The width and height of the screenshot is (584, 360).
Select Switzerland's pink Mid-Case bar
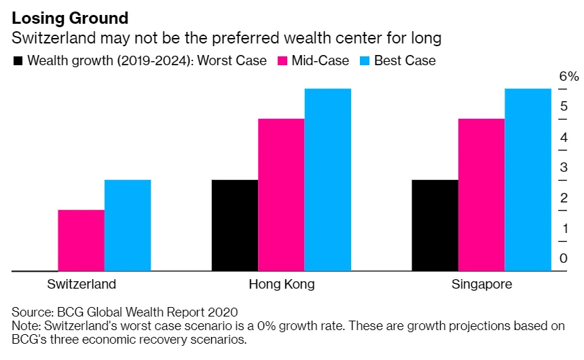pos(81,240)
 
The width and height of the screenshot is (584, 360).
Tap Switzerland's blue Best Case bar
pos(127,226)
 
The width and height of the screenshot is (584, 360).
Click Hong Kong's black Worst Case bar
pos(234,226)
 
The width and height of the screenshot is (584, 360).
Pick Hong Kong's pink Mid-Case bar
pos(281,195)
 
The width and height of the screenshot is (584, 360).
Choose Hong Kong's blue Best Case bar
pos(327,180)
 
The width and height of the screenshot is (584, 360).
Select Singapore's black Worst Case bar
pos(435,226)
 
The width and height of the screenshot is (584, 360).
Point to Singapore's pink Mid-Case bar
pos(481,195)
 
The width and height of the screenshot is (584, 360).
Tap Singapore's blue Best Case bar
pos(528,180)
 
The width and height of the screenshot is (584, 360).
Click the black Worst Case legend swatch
pos(18,61)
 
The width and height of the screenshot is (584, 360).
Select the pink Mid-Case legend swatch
pos(283,61)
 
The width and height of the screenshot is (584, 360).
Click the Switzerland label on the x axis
pos(81,284)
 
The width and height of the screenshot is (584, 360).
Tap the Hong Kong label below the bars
pos(281,284)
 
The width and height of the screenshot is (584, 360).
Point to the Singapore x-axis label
pos(481,284)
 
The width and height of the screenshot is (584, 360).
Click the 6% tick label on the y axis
pos(568,76)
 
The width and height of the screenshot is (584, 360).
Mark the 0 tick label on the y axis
pos(563,258)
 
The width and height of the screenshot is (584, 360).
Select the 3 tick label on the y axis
pos(563,167)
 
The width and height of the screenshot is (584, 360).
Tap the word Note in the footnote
pos(25,326)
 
